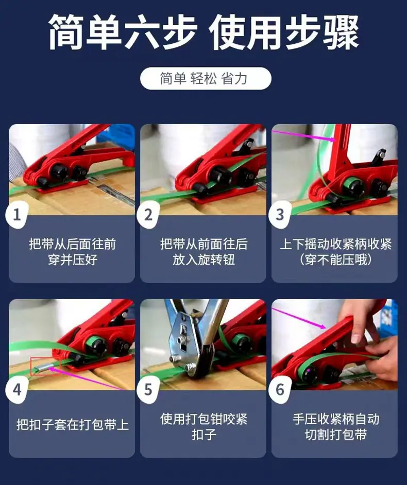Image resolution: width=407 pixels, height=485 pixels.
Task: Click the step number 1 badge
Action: [17, 215]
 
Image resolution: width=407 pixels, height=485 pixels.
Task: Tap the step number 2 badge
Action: [148, 215]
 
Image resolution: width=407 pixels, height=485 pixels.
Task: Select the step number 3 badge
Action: [280, 215]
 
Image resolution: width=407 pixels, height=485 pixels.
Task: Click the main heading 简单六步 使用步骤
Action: [203, 32]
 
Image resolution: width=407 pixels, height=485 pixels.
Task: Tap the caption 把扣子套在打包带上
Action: [72, 424]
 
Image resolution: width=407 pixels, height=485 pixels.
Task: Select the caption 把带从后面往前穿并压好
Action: [72, 252]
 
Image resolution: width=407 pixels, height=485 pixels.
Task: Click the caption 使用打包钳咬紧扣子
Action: [203, 427]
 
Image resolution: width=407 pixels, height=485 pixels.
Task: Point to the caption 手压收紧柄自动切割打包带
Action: [335, 427]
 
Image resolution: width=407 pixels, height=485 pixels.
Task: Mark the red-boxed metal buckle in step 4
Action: [45, 367]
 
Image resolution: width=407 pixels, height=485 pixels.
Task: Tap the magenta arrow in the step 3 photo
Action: [303, 135]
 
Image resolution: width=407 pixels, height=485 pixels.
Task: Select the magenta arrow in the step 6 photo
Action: [299, 319]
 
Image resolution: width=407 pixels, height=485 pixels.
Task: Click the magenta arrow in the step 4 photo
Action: [87, 379]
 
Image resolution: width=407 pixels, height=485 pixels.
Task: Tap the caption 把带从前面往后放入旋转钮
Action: [203, 252]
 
